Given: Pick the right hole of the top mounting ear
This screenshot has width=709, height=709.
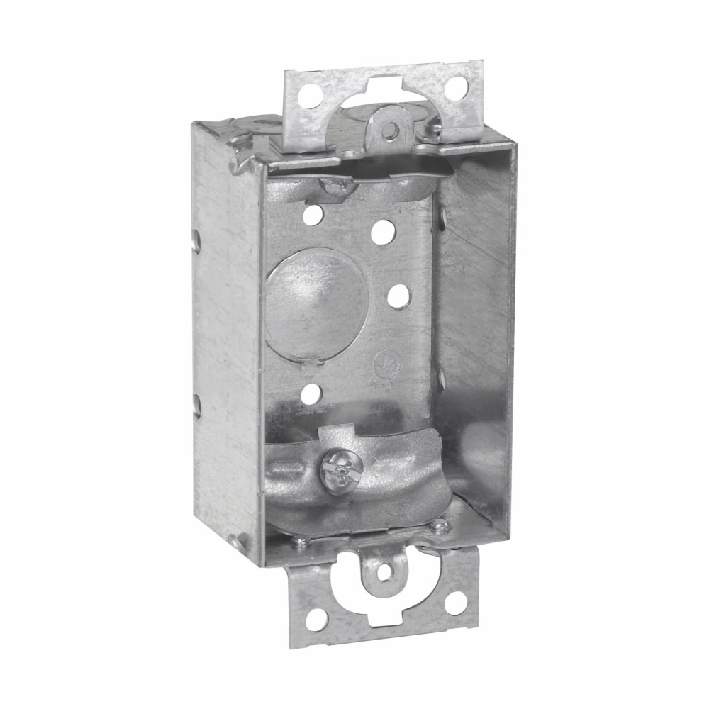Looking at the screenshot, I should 457,87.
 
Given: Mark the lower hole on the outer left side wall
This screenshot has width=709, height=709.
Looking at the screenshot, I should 198,406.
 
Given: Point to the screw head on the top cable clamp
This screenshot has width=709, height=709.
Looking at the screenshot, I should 337,186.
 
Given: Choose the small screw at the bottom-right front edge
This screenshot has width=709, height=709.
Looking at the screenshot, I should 440,525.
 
